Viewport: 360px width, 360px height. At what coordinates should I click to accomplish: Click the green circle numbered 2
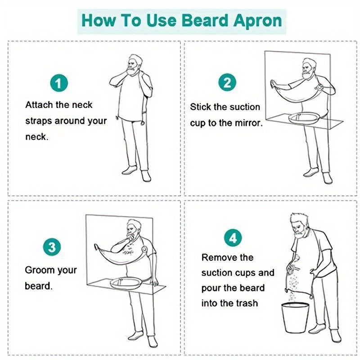[227, 83]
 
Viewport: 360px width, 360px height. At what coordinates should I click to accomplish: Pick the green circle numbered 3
[52, 247]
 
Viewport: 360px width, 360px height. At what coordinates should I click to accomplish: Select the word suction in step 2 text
[244, 107]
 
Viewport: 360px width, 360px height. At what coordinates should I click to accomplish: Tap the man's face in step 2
[309, 69]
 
